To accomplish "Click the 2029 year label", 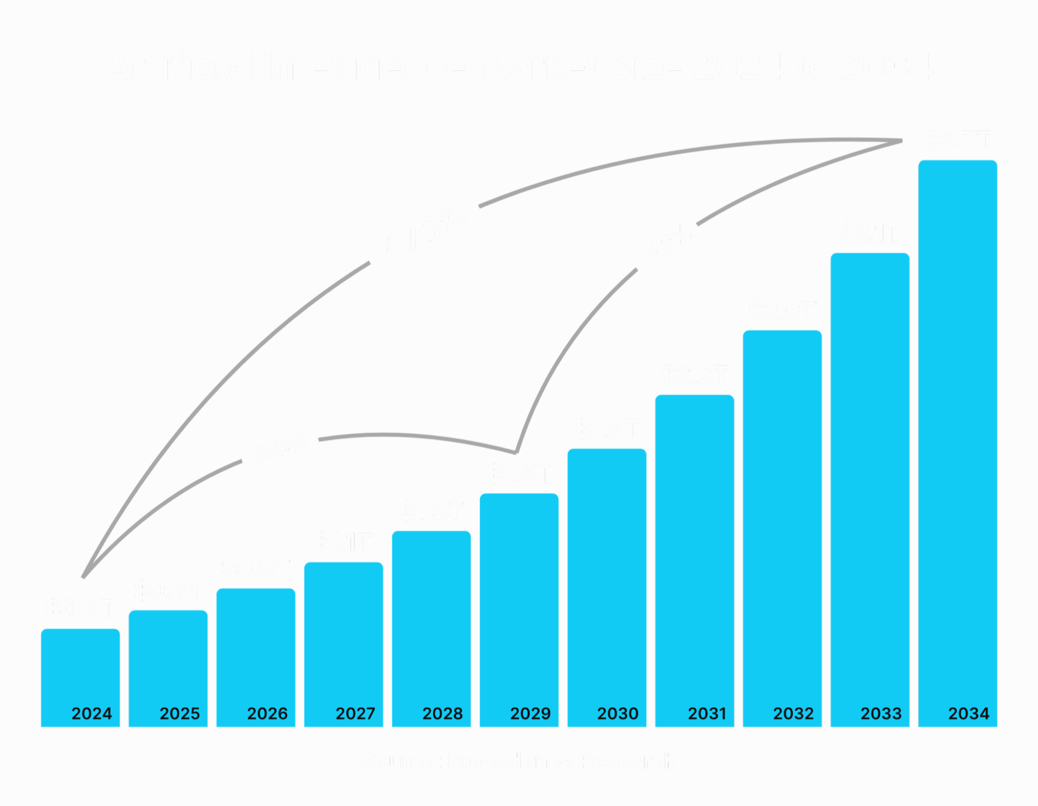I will [530, 714].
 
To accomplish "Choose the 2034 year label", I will [969, 714].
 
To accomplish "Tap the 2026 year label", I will [267, 714].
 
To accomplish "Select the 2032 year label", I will [793, 714].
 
